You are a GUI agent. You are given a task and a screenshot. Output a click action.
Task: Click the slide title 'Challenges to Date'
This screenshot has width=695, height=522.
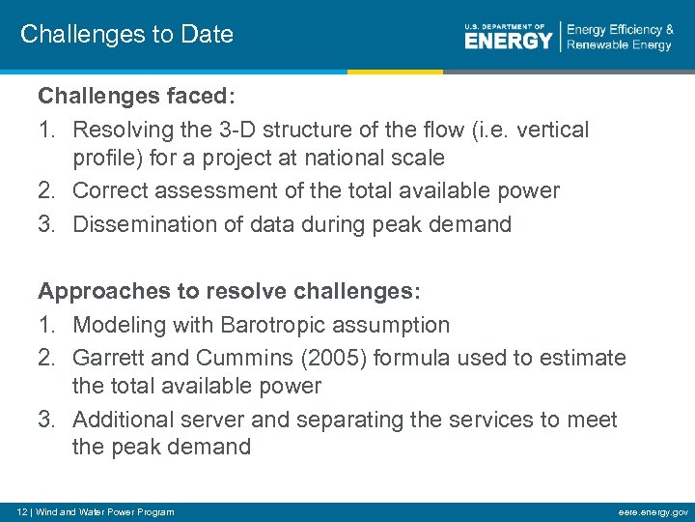point(126,35)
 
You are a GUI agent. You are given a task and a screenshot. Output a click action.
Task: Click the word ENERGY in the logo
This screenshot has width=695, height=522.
point(508,41)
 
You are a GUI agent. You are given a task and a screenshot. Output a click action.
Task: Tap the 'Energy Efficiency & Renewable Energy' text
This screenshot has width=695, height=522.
point(619,38)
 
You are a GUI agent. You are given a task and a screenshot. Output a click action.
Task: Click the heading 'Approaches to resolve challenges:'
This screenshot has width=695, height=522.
point(229,292)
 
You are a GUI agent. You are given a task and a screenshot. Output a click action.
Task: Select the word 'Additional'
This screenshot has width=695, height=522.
point(122,420)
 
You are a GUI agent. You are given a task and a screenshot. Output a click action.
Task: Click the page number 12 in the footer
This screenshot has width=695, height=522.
point(13,511)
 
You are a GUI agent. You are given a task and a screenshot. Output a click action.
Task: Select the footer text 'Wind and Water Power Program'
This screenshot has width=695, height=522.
point(105,511)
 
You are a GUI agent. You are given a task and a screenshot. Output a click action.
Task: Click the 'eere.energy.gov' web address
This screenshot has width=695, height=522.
point(654,511)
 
